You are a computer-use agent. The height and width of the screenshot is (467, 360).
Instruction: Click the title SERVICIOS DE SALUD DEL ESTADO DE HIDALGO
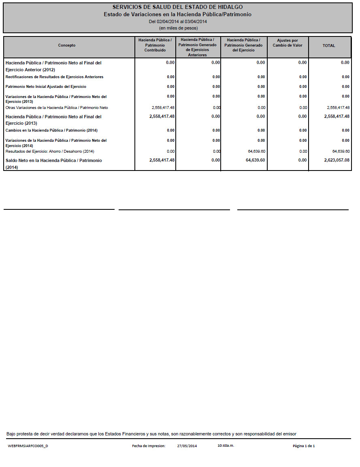[x=177, y=7]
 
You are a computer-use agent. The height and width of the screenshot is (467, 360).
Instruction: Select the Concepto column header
[x=67, y=45]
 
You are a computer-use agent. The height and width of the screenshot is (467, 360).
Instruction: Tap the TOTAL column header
[x=328, y=46]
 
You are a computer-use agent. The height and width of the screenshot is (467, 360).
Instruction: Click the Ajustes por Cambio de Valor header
[x=288, y=43]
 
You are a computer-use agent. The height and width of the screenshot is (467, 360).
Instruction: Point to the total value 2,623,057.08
[x=337, y=160]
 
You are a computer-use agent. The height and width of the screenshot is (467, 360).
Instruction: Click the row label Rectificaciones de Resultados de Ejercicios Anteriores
[x=54, y=77]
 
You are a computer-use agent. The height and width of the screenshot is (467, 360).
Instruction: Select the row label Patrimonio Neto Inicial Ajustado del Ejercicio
[x=46, y=87]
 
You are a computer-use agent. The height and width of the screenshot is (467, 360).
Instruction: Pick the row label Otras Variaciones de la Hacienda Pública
[x=57, y=108]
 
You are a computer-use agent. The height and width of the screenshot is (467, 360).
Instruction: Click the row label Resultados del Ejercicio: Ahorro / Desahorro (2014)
[x=50, y=151]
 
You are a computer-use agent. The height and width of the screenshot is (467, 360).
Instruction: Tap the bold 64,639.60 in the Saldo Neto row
[x=255, y=160]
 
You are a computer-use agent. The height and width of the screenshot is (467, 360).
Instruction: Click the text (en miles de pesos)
[x=178, y=28]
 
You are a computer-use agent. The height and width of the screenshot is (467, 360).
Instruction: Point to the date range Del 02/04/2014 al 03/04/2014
[x=178, y=21]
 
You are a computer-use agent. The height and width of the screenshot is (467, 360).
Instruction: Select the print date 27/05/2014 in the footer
[x=187, y=446]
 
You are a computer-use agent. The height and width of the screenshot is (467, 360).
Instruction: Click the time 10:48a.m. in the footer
[x=226, y=446]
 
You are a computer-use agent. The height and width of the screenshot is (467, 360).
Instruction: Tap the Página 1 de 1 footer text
[x=304, y=446]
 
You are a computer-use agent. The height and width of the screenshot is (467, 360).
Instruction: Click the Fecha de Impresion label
[x=149, y=446]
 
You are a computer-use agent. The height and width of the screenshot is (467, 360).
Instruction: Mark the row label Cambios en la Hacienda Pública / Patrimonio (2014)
[x=51, y=130]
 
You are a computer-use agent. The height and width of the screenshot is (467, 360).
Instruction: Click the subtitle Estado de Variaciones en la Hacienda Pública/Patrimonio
[x=177, y=15]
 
